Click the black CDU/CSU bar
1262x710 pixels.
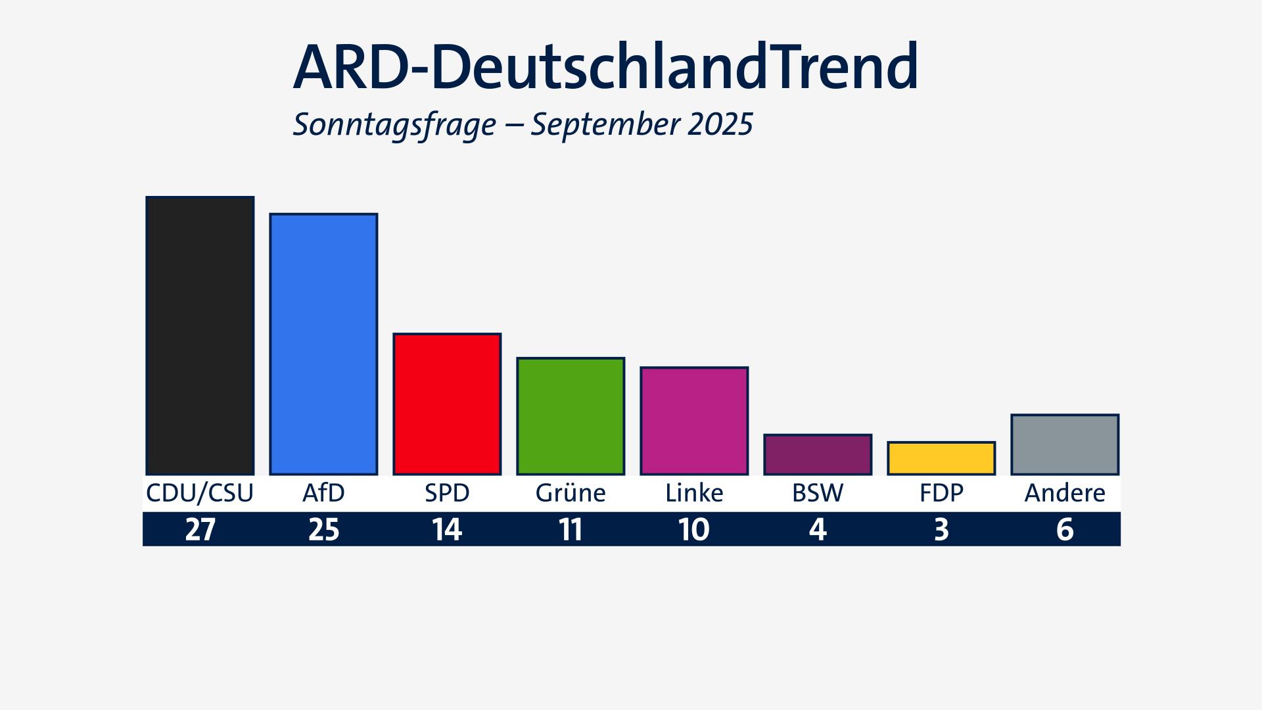point(200,335)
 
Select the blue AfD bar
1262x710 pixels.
point(323,344)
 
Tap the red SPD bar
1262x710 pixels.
point(447,404)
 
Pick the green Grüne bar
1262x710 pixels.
point(571,415)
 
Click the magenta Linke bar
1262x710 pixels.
point(694,421)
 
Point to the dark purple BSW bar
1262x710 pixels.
point(818,454)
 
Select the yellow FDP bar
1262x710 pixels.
point(941,458)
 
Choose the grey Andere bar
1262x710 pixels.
point(1065,444)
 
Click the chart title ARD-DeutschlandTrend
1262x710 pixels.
point(605,67)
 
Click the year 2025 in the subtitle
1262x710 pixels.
point(720,124)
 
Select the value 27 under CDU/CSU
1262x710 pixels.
point(200,529)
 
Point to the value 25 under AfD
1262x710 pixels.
point(323,529)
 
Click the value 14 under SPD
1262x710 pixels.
point(447,529)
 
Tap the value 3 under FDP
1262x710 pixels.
point(941,529)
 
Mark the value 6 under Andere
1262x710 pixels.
point(1065,529)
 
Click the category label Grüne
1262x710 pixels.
point(571,493)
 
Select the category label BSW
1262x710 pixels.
point(818,493)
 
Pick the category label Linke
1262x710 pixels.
point(694,493)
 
